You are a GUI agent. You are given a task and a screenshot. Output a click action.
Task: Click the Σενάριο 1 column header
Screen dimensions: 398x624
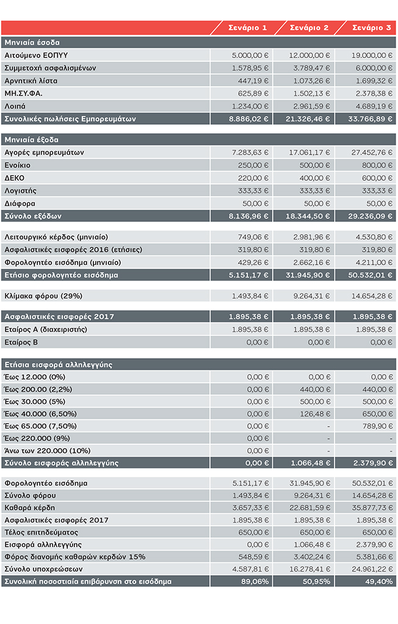(x=247, y=28)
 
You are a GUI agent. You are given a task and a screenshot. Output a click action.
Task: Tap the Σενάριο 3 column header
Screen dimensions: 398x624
(x=371, y=28)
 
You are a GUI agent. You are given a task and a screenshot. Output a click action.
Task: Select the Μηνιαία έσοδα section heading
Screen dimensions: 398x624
(x=32, y=42)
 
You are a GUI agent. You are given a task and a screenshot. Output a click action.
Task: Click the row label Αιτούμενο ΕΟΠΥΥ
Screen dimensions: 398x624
(x=36, y=56)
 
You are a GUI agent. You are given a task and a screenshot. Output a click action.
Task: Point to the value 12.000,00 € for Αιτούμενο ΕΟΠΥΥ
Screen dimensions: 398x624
(x=309, y=56)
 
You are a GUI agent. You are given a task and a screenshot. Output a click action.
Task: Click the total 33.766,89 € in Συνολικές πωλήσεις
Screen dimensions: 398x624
(x=370, y=119)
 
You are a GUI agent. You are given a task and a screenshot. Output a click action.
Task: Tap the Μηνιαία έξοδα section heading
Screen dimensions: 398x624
(x=31, y=140)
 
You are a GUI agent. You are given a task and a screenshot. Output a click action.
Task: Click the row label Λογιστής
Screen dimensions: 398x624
(x=20, y=191)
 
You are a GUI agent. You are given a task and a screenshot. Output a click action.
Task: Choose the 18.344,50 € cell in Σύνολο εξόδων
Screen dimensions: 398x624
(x=308, y=216)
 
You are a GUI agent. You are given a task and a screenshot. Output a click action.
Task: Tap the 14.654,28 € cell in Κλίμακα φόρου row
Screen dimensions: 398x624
(x=372, y=296)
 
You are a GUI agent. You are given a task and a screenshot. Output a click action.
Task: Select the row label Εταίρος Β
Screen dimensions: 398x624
(x=21, y=342)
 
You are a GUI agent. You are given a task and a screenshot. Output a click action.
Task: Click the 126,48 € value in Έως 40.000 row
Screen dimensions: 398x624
(x=315, y=414)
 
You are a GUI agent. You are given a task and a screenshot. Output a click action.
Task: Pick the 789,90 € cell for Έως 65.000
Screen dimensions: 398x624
(x=377, y=426)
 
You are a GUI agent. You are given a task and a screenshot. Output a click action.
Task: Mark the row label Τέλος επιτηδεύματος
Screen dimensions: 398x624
(x=42, y=532)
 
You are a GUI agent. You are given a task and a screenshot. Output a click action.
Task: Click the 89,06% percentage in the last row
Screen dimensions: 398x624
(x=255, y=581)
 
